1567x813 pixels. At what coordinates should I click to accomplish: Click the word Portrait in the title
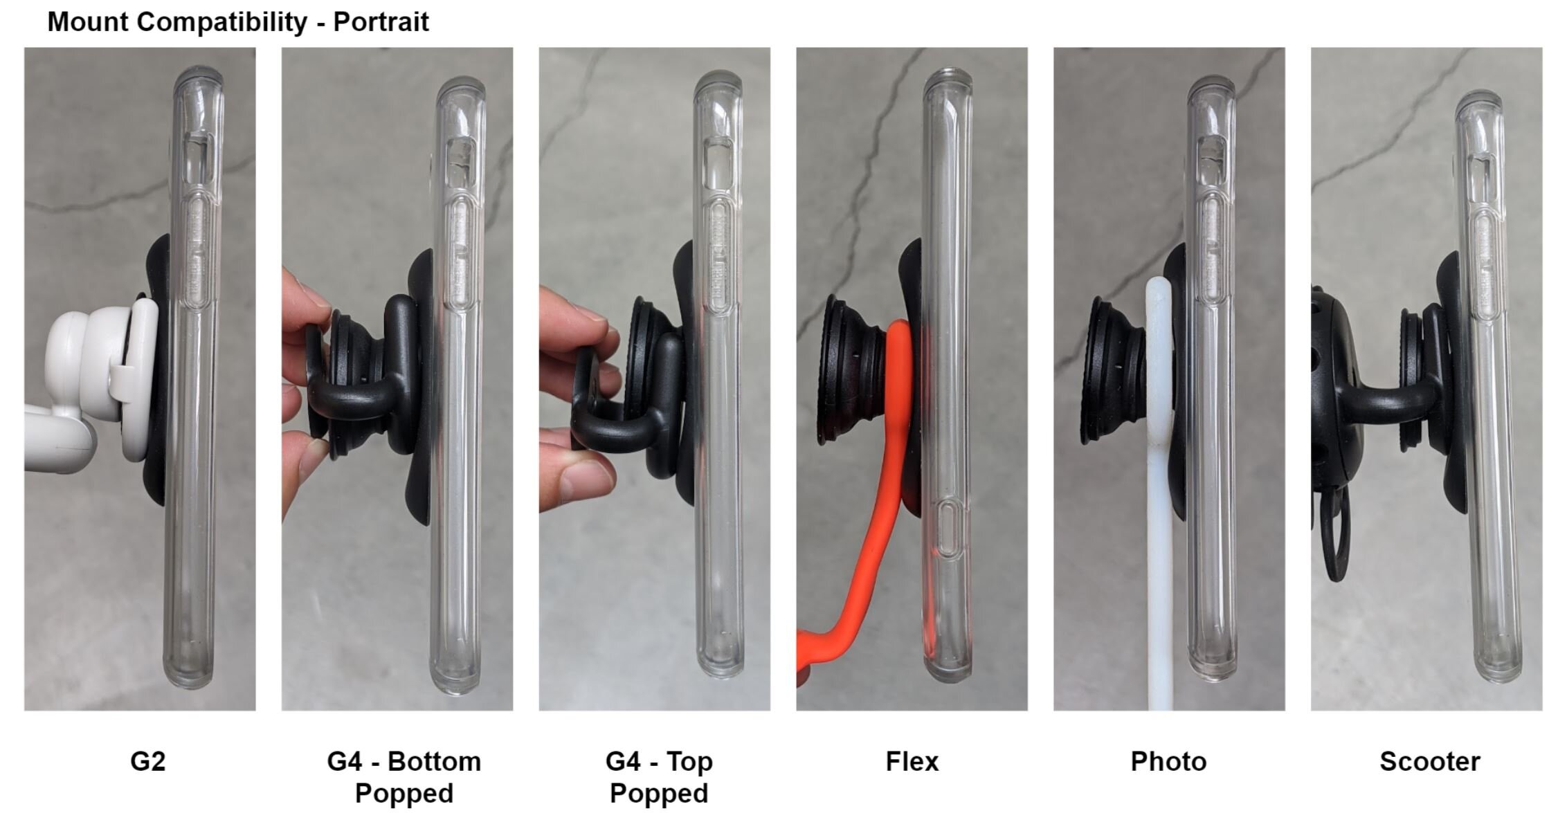(x=381, y=21)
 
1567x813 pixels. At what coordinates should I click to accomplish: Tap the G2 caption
(x=147, y=762)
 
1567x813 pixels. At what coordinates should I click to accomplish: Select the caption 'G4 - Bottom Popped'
(x=404, y=777)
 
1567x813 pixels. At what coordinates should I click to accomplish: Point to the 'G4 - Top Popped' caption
(x=658, y=777)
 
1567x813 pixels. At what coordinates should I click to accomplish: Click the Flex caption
(x=912, y=762)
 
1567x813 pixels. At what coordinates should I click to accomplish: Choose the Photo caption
(x=1168, y=762)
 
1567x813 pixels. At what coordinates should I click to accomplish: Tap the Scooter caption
(x=1429, y=762)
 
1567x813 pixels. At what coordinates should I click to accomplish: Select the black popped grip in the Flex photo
(x=851, y=370)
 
